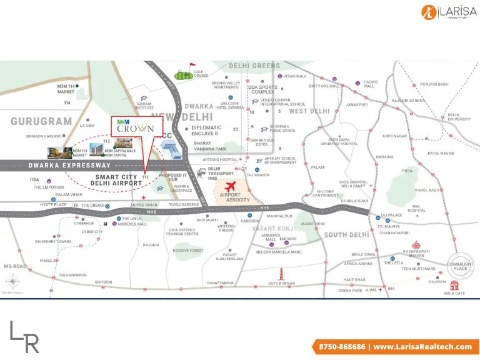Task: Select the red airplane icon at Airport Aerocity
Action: tap(232, 187)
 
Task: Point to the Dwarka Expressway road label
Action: tap(69, 166)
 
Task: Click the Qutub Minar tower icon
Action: tap(281, 272)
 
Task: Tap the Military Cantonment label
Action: tap(326, 194)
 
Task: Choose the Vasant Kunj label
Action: tap(272, 229)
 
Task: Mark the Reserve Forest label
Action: tap(188, 251)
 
